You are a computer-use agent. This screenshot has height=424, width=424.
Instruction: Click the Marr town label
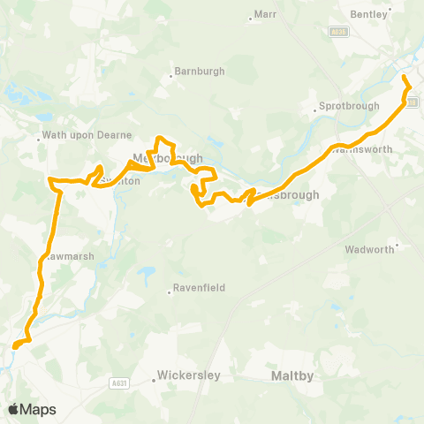pos(267,14)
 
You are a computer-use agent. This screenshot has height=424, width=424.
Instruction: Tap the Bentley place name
pos(371,15)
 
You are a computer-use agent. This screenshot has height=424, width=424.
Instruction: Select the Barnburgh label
pos(200,71)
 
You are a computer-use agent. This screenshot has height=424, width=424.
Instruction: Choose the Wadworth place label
pos(370,250)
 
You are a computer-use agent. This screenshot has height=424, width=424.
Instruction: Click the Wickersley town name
pos(188,375)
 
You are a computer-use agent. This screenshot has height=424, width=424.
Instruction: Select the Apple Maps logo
pos(32,409)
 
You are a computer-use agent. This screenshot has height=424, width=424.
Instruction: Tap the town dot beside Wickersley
pos(154,381)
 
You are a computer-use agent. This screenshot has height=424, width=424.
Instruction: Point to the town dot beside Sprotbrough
pos(315,111)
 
